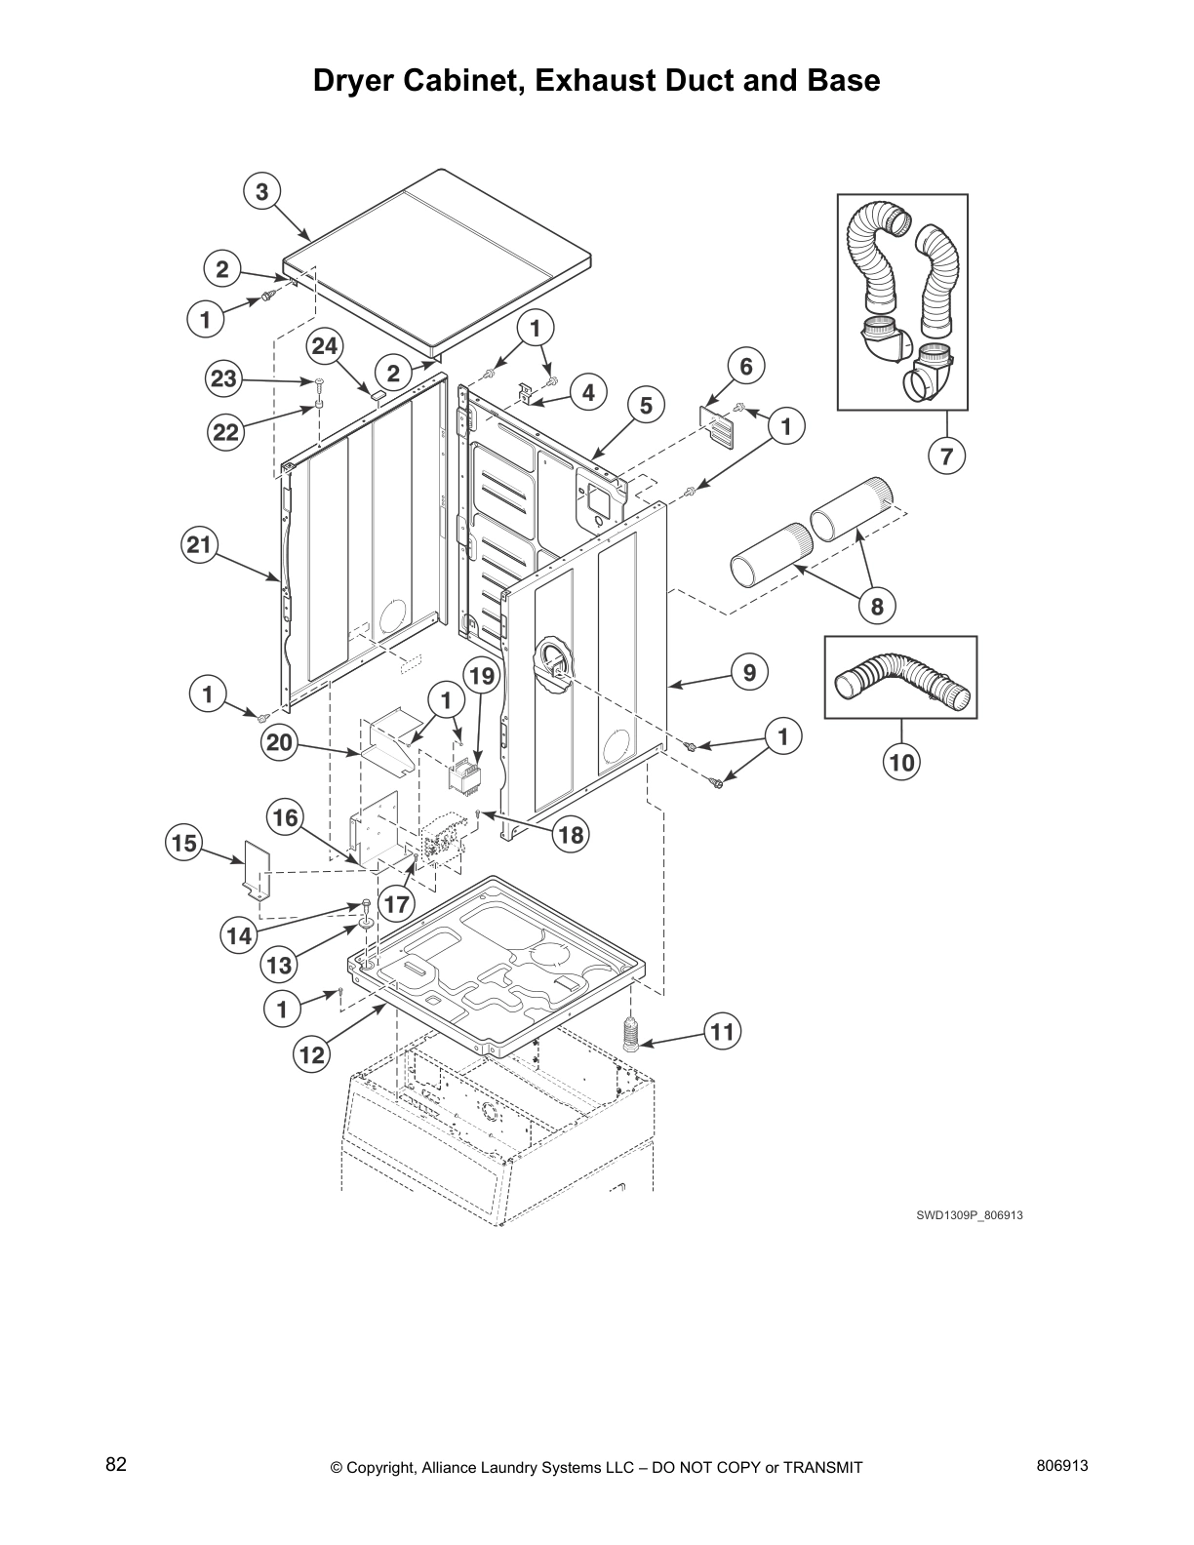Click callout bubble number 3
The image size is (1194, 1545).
pos(261,192)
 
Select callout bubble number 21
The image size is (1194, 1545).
pos(199,545)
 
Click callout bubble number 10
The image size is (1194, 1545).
pos(901,762)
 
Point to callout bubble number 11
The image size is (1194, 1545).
pos(722,1032)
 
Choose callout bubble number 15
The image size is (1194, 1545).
pos(184,843)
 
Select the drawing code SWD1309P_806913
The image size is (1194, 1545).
pos(969,1215)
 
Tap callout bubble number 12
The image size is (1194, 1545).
pos(311,1054)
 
